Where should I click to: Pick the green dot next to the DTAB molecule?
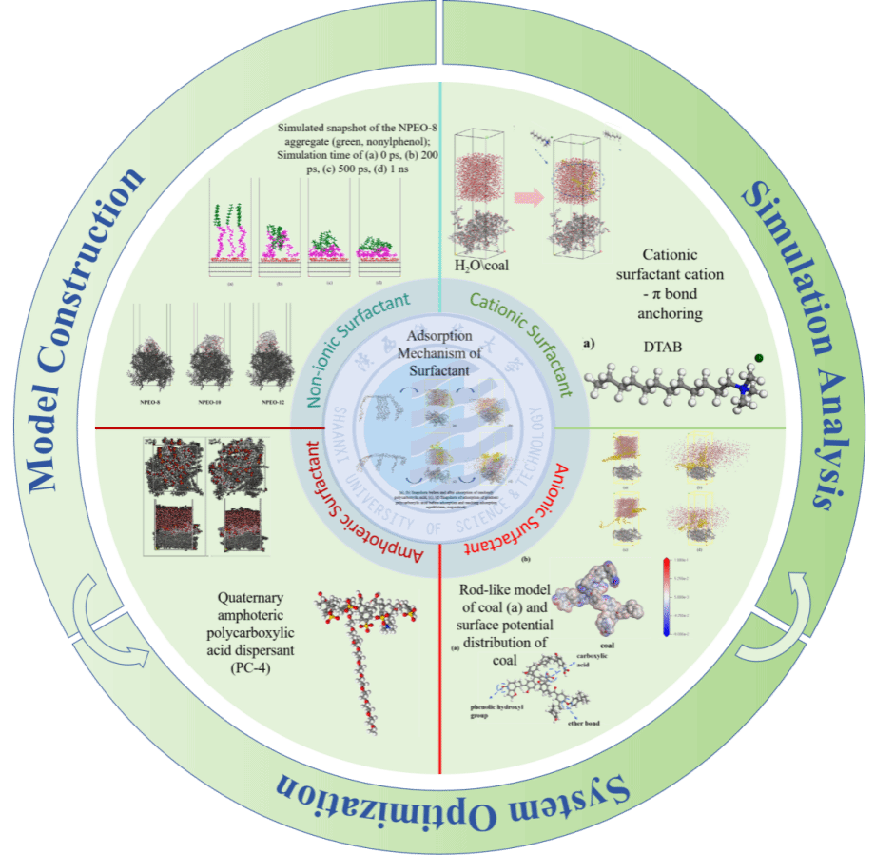click(x=759, y=359)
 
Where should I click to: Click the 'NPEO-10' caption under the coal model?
click(x=211, y=403)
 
